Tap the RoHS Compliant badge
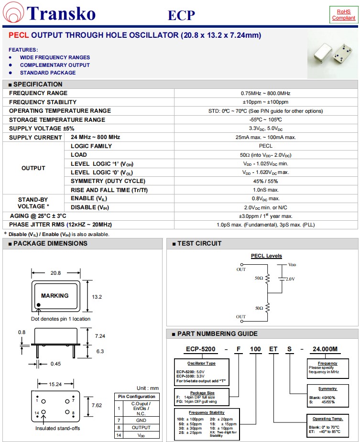[x=343, y=14]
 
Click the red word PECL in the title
[x=19, y=35]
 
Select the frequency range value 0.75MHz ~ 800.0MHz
[x=265, y=93]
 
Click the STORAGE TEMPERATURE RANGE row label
[x=57, y=119]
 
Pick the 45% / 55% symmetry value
[x=265, y=181]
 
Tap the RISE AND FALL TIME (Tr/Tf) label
[x=108, y=190]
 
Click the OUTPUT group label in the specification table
[x=33, y=168]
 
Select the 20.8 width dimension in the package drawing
[x=56, y=273]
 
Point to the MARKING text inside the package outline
[x=55, y=296]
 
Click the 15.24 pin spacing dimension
[x=56, y=384]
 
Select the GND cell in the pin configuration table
[x=141, y=420]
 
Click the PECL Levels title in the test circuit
[x=266, y=256]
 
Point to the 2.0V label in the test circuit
[x=290, y=279]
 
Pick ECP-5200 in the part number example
[x=199, y=349]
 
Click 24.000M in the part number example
[x=325, y=349]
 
